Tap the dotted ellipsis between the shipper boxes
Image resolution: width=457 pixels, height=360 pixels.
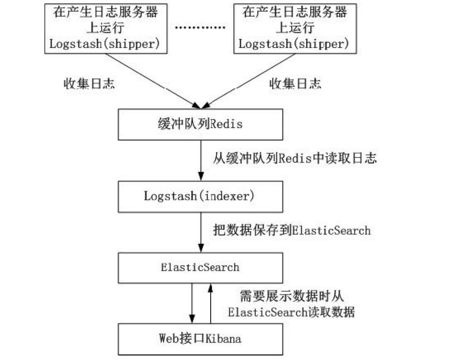200,28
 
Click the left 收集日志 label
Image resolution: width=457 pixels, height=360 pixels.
89,83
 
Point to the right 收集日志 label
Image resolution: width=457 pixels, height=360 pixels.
295,83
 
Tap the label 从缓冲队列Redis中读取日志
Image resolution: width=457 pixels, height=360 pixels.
294,158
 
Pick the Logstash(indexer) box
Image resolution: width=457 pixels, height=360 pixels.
200,196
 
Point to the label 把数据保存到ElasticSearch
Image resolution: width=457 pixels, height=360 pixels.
291,230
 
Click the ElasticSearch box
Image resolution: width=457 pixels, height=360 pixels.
200,267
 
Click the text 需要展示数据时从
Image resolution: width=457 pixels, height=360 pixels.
291,297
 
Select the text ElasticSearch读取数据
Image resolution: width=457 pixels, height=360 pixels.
291,312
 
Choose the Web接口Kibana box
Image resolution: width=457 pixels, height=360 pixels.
200,338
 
